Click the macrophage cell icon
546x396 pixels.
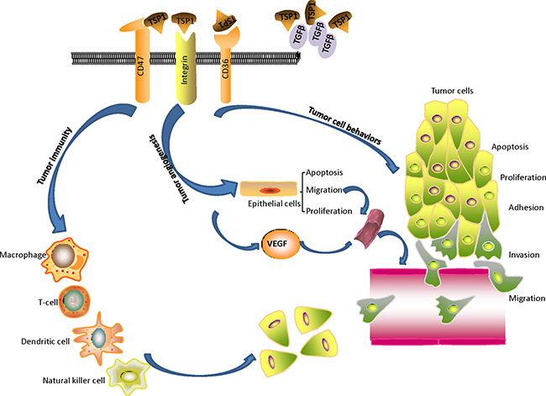[64, 255]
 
